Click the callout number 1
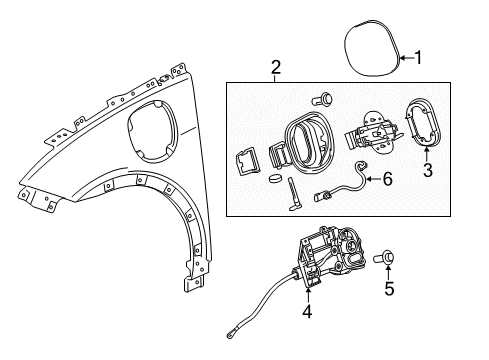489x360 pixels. [x=418, y=58]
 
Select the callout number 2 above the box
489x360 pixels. [x=276, y=67]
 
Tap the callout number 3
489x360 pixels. [x=428, y=170]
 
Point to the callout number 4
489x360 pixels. [x=307, y=311]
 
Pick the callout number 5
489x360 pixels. [x=389, y=288]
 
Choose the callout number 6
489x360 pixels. [x=387, y=179]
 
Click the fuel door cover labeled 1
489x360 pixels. [x=372, y=48]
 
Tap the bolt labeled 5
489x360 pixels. [x=385, y=257]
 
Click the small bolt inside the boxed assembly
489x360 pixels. [x=323, y=98]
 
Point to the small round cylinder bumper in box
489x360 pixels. [x=275, y=178]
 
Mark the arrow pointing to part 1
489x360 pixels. [x=406, y=58]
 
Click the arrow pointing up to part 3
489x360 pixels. [x=427, y=154]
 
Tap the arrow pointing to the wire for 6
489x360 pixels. [x=373, y=179]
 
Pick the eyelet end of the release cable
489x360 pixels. [x=230, y=336]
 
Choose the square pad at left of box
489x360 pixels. [x=248, y=162]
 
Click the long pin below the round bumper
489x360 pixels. [x=293, y=195]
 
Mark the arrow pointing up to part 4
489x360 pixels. [x=307, y=295]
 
